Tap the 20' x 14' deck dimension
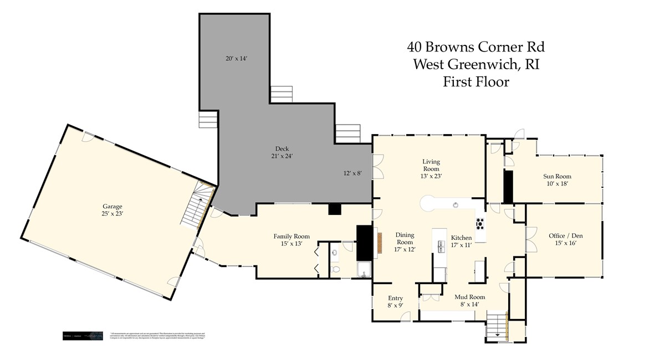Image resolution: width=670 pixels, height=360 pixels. [x=236, y=58]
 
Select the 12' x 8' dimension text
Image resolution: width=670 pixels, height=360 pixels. [x=352, y=173]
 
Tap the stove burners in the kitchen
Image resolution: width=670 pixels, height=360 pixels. [x=480, y=224]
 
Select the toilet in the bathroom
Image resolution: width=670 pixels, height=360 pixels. [x=335, y=270]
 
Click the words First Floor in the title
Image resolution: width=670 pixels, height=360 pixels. [x=475, y=82]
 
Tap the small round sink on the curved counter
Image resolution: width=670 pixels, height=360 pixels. [x=456, y=204]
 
